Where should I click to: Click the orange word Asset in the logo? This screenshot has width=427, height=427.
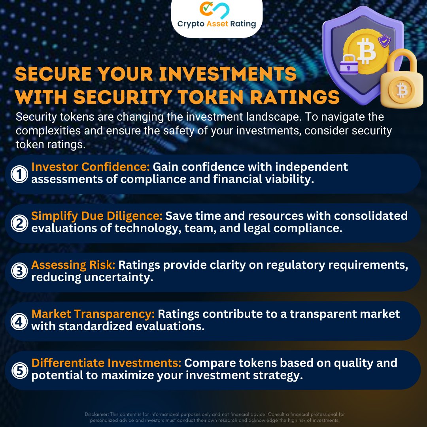point(220,24)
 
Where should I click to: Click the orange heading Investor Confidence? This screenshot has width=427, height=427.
point(91,167)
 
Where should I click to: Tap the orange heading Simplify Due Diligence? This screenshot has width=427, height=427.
point(97,216)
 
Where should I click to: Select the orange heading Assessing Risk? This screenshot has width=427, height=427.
point(74,265)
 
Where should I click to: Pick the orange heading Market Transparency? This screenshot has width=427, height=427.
point(93,314)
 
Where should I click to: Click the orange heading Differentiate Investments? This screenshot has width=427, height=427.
point(106,363)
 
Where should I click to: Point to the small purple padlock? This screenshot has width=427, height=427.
point(349,64)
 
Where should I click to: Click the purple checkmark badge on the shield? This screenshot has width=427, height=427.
point(383,41)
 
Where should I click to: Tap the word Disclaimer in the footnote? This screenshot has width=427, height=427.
point(97,414)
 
